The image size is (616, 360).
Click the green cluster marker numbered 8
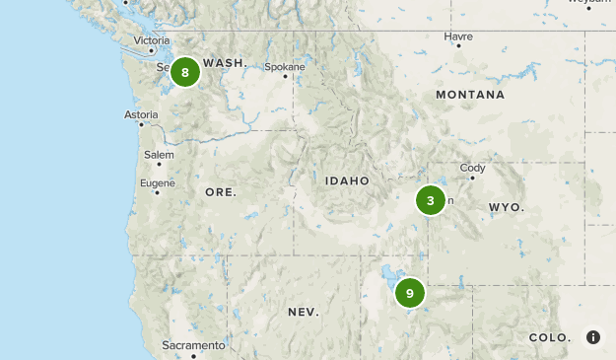point(185,72)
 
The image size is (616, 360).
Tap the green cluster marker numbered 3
point(431,200)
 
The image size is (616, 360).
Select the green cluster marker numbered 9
point(410,293)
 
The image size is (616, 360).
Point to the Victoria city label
point(152,40)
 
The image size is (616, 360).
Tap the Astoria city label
point(141,114)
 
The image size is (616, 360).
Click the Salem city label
point(159,155)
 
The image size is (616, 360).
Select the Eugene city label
point(158,182)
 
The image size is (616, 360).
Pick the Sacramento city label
point(194,345)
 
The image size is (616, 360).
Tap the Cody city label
point(473,168)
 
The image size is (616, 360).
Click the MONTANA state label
point(470,95)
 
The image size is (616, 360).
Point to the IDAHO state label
point(347,181)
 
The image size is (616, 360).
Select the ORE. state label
point(221,192)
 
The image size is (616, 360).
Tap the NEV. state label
point(303,312)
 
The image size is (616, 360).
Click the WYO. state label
point(507,208)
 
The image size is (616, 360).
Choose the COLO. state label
point(549,337)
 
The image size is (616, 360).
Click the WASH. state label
point(224,62)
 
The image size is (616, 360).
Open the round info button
point(593,337)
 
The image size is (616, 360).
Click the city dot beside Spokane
point(286,76)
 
